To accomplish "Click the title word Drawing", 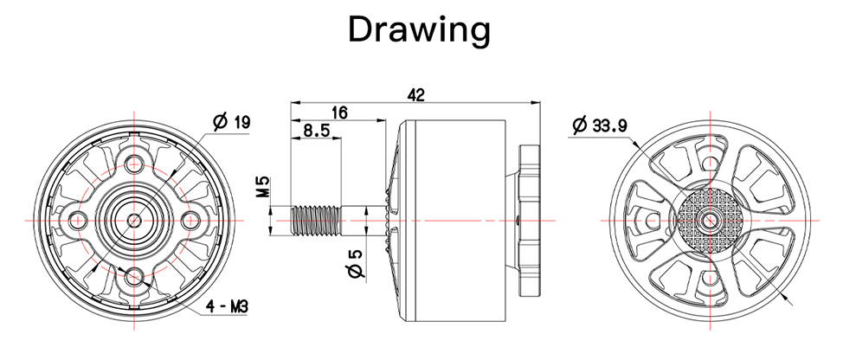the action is pos(420,29).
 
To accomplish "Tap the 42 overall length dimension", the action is pos(416,95).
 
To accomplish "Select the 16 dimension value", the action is pos(340,112).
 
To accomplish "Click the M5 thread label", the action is pos(263,188).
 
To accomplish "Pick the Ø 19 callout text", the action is pos(232,123).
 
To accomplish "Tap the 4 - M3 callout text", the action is pos(228,307).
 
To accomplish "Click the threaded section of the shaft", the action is pos(315,221).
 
